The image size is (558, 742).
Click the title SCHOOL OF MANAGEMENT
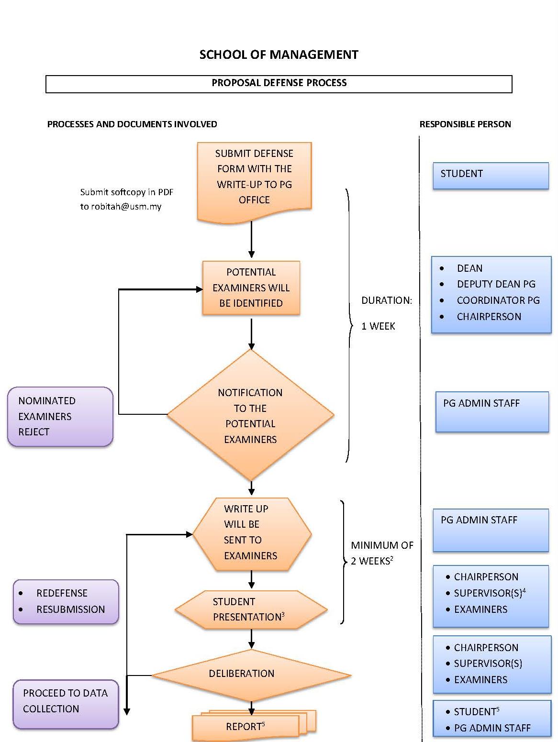click(x=279, y=55)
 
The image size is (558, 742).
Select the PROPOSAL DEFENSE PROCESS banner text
click(x=279, y=83)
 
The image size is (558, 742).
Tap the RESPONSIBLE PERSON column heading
click(x=465, y=124)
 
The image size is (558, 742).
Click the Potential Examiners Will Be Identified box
click(x=251, y=288)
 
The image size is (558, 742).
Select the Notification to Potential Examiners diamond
click(x=251, y=415)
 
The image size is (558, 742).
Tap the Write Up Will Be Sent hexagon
click(x=252, y=534)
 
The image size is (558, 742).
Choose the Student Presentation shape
click(x=251, y=609)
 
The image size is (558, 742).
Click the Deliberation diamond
click(x=251, y=675)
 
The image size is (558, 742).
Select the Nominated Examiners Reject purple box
click(x=60, y=417)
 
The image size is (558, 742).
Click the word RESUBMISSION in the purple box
click(x=71, y=609)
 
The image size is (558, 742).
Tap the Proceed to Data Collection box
click(x=66, y=704)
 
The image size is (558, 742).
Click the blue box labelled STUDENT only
click(x=491, y=176)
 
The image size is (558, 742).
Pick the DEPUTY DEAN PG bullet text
click(x=496, y=284)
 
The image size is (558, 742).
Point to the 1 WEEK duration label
click(x=378, y=326)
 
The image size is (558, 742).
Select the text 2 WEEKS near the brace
click(x=372, y=561)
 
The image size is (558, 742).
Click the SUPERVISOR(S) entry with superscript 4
click(x=490, y=593)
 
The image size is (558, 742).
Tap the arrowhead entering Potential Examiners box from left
click(x=200, y=289)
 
